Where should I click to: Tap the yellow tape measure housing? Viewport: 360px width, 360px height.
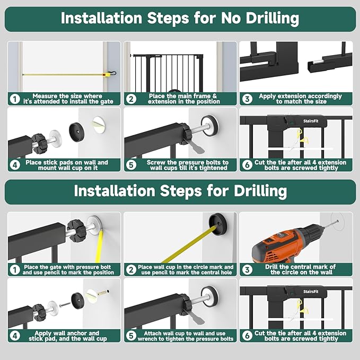(107, 74)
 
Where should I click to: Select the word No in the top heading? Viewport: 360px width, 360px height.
(231, 18)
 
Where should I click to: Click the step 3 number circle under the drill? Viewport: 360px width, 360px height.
(247, 269)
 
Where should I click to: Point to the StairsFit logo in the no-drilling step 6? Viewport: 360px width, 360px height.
(311, 121)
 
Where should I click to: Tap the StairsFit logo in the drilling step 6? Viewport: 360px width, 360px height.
(311, 292)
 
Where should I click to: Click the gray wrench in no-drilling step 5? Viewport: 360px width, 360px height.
(195, 147)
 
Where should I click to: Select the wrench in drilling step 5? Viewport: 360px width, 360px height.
(195, 318)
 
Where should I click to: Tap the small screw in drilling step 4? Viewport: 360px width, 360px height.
(65, 305)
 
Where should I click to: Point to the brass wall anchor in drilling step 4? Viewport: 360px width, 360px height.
(103, 293)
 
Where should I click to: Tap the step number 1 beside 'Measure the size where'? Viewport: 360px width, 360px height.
(15, 99)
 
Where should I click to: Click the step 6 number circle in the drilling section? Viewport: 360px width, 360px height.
(247, 336)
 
